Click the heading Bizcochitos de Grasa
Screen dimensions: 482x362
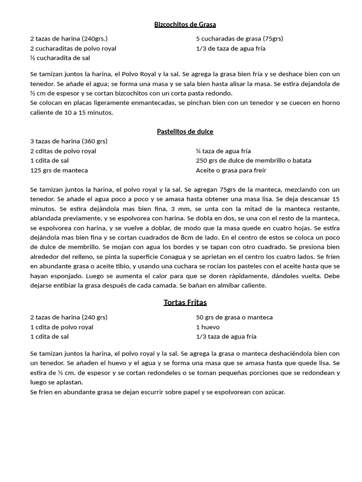click(x=185, y=24)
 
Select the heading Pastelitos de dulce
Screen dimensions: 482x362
click(x=185, y=132)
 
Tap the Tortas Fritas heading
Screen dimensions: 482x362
click(x=185, y=303)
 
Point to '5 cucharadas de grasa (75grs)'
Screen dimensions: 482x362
click(x=239, y=39)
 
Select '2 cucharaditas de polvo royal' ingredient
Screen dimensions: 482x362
click(x=73, y=48)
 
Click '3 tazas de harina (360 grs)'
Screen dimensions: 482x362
click(x=69, y=141)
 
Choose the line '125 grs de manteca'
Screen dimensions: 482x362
click(x=59, y=170)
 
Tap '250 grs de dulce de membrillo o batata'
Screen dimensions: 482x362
click(x=254, y=161)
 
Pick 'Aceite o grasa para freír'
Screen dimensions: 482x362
click(x=231, y=170)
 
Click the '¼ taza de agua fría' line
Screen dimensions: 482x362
click(x=223, y=151)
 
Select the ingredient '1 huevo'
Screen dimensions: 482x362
click(x=208, y=327)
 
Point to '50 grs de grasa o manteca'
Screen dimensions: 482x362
click(x=234, y=317)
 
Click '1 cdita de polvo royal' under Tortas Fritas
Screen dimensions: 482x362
click(x=62, y=327)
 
